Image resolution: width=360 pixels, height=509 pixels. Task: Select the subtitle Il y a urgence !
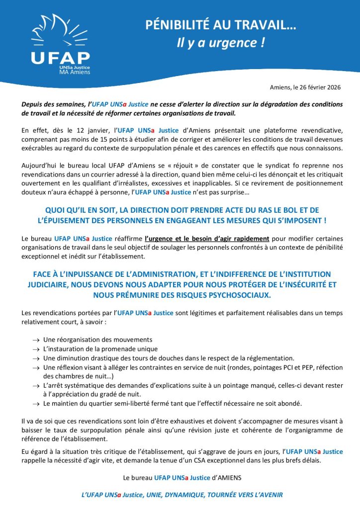click(x=221, y=43)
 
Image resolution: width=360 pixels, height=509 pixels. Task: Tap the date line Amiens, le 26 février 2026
click(x=305, y=87)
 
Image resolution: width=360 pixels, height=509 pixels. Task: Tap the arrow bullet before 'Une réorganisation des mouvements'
click(x=35, y=339)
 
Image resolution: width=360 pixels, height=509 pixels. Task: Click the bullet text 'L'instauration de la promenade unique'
click(x=100, y=348)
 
